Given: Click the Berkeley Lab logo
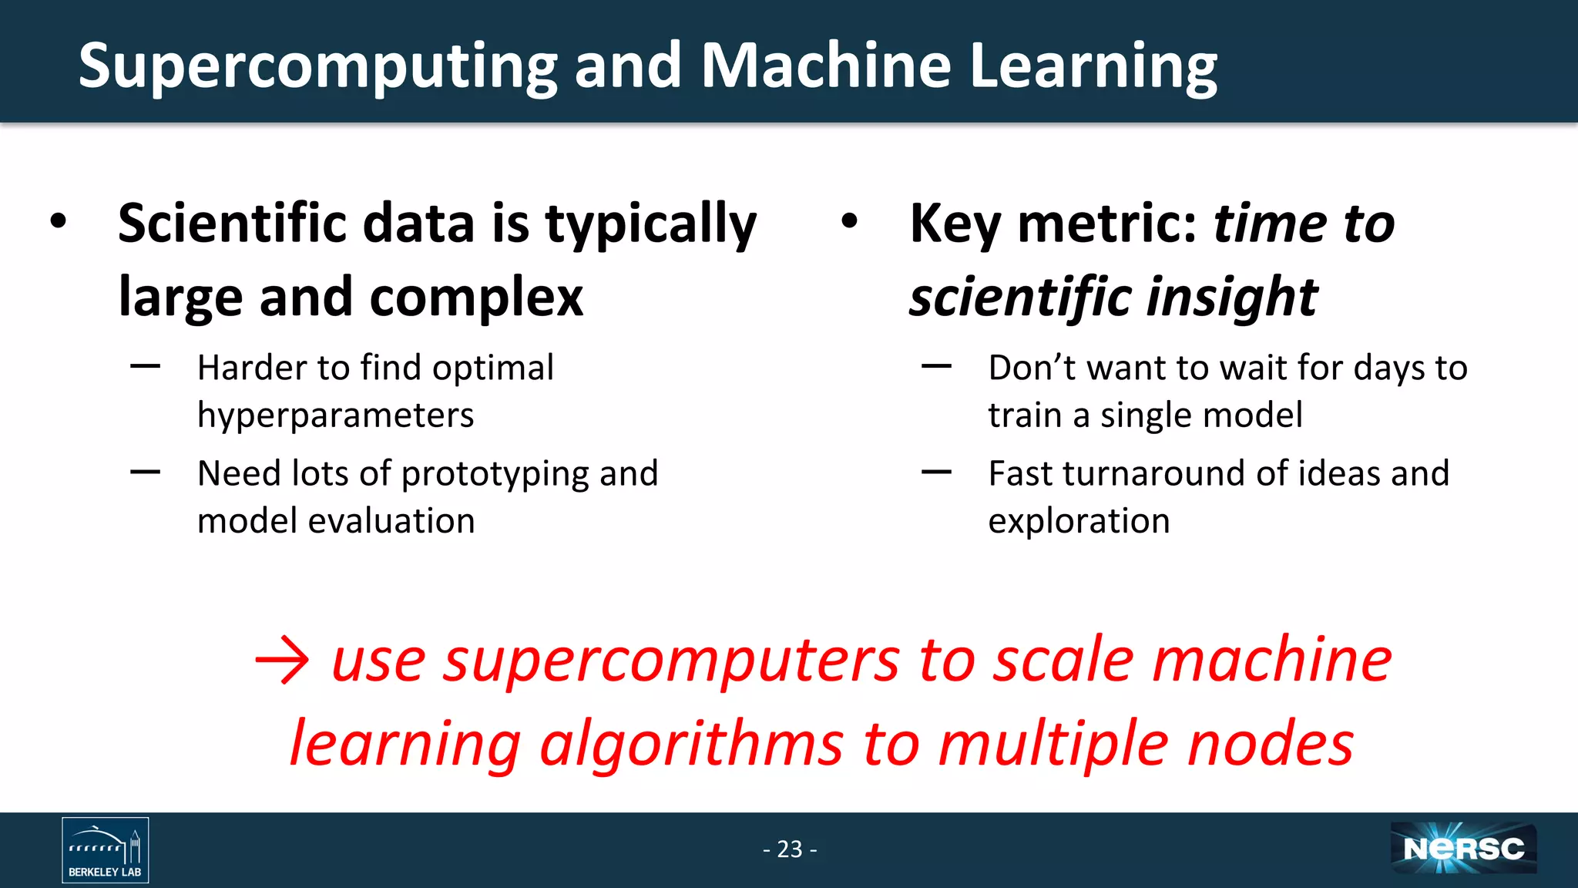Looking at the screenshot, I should [105, 849].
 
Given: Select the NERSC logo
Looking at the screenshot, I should [1463, 849].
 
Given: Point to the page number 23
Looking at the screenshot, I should [790, 849].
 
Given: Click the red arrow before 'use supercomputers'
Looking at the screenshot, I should [282, 660].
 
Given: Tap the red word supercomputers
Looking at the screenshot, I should [670, 661].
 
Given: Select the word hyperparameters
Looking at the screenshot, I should [335, 416].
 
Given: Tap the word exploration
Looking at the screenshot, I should [1079, 522].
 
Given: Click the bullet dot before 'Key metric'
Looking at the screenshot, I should [849, 222].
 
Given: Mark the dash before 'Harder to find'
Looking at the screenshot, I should [145, 367].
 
